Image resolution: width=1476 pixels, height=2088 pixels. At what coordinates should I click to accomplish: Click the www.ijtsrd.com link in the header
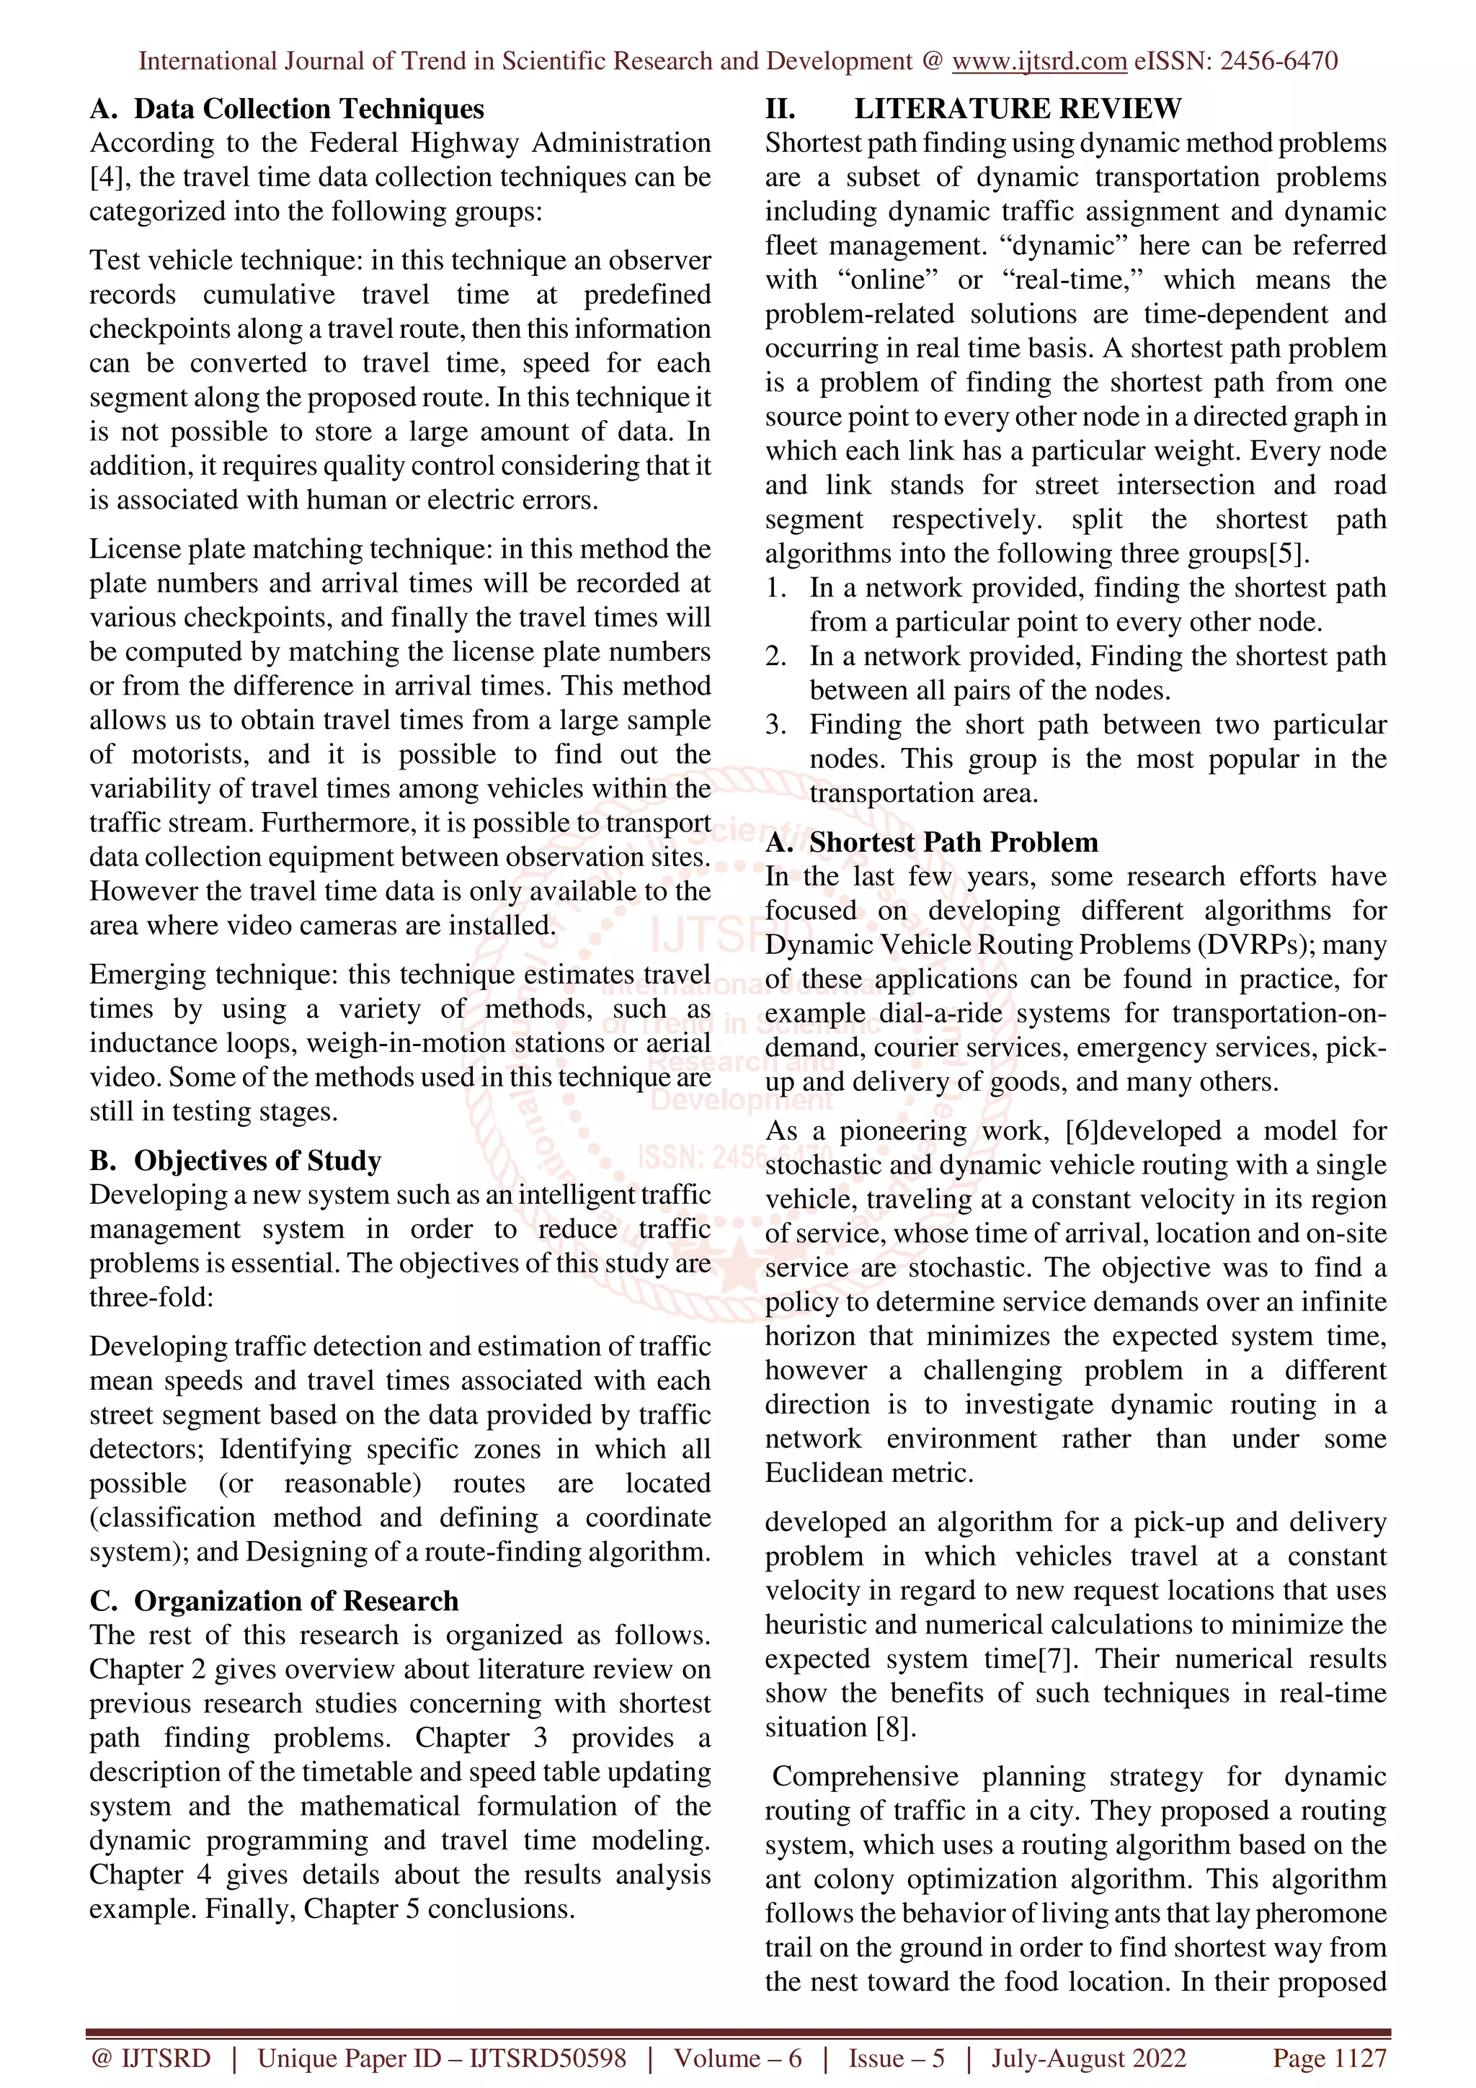pyautogui.click(x=1039, y=62)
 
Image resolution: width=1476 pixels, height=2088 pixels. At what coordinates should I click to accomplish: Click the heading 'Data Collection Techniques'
pyautogui.click(x=309, y=109)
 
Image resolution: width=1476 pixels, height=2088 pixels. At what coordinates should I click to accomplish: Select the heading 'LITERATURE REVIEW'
pyautogui.click(x=1017, y=109)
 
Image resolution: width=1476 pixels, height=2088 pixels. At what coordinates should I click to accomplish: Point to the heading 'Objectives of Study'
pyautogui.click(x=257, y=1161)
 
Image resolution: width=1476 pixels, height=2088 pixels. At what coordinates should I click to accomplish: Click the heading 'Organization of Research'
pyautogui.click(x=295, y=1602)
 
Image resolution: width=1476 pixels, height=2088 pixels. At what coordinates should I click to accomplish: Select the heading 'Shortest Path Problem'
pyautogui.click(x=953, y=843)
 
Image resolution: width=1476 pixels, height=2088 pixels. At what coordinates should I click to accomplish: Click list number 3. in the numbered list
pyautogui.click(x=775, y=725)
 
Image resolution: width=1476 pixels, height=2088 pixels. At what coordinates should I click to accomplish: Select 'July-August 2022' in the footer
pyautogui.click(x=1088, y=2058)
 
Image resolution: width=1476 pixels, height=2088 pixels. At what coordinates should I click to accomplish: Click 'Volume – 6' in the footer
pyautogui.click(x=737, y=2058)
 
